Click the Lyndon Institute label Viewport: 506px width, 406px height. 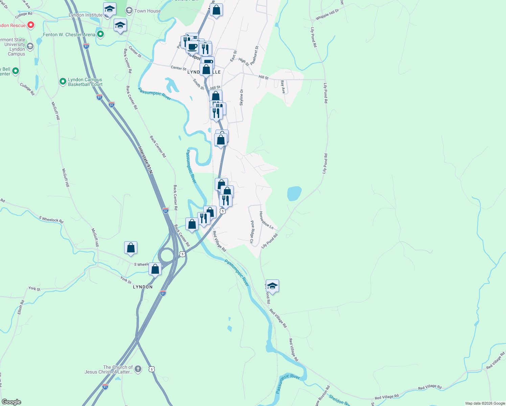pos(85,15)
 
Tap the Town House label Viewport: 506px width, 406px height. pos(147,11)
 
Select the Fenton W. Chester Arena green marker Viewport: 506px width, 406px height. pos(100,34)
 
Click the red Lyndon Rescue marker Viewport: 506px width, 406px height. pos(31,25)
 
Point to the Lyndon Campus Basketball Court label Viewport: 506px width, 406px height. pos(85,82)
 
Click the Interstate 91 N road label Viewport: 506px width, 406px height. pos(145,160)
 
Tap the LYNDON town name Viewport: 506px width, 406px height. pos(142,287)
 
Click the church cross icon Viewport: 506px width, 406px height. pos(138,369)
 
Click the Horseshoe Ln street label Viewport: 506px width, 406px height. pos(266,220)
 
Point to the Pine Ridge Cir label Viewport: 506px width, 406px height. pos(252,232)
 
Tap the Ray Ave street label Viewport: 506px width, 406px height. pos(283,87)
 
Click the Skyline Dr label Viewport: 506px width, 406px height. pos(241,97)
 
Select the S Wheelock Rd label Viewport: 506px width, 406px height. pos(51,220)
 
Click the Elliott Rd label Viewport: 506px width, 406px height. pos(21,307)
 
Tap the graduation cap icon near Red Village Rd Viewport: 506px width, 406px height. pos(272,286)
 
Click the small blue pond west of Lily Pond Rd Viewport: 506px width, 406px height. pos(294,193)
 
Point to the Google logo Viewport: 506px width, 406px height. pos(11,402)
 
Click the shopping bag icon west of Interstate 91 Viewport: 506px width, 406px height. pos(131,248)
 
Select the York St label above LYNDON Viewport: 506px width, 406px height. pos(126,280)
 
